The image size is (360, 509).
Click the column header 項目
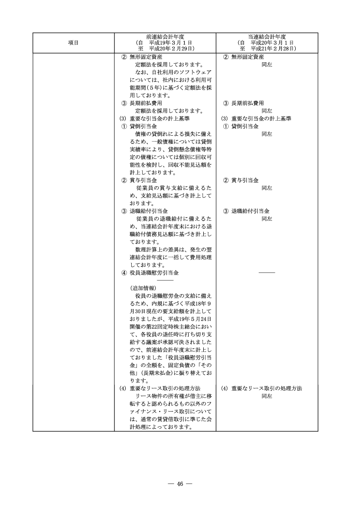click(73, 42)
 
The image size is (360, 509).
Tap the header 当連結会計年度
click(267, 36)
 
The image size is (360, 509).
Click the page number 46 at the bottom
click(180, 484)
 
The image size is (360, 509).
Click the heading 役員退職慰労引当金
click(154, 273)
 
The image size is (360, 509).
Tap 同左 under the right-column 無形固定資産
click(267, 65)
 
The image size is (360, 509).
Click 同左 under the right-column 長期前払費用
click(267, 111)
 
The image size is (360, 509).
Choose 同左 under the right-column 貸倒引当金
click(267, 134)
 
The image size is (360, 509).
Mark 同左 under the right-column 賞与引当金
click(267, 188)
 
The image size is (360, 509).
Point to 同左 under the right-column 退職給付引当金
click(267, 219)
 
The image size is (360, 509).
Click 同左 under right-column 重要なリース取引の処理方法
click(267, 396)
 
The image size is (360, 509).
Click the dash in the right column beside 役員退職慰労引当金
click(267, 273)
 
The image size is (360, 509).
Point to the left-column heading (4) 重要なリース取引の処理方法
click(159, 388)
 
